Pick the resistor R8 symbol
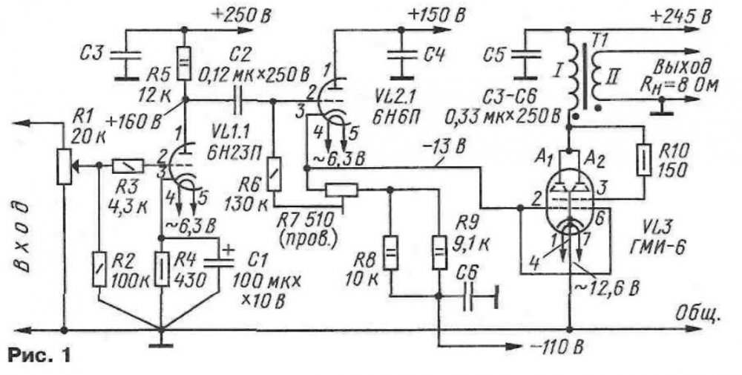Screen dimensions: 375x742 click(x=391, y=250)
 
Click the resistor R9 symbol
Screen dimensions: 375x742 click(x=439, y=250)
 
